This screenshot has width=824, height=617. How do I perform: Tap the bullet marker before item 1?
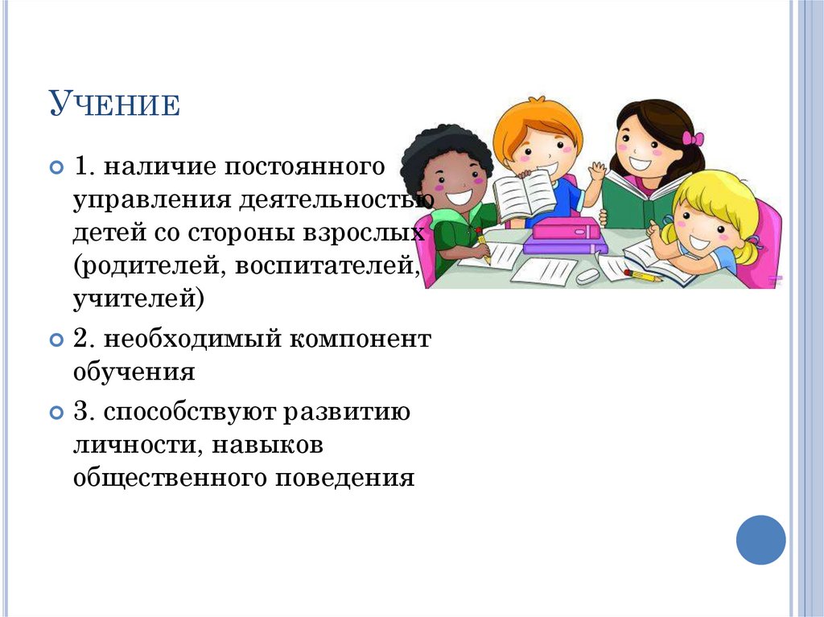point(56,168)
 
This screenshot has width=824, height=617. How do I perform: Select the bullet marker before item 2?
point(56,339)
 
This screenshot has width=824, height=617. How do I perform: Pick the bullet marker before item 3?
point(56,413)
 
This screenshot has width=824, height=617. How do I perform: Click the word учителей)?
point(138,300)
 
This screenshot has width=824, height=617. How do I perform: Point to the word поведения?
point(346,479)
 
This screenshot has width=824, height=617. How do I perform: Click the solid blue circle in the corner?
point(760,540)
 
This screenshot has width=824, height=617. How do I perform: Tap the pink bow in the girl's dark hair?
point(692,138)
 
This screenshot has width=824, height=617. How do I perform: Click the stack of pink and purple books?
point(563,236)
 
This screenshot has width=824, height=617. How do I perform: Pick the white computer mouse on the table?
point(587,275)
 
